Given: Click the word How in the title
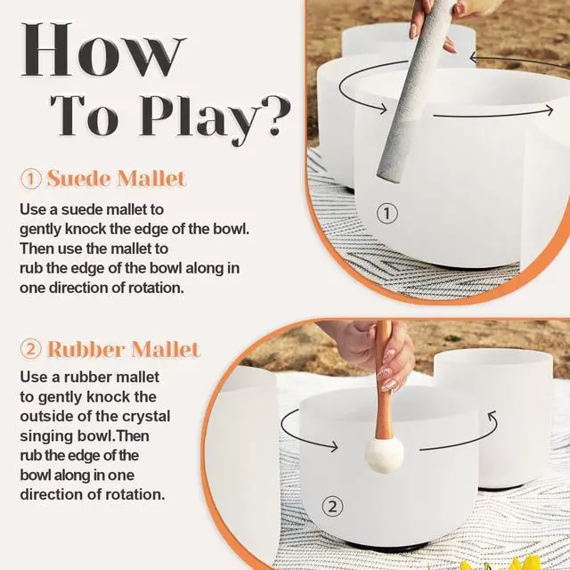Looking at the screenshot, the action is click(x=103, y=50).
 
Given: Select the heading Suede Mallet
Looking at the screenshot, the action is click(x=117, y=178).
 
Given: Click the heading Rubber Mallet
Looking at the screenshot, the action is click(x=124, y=349).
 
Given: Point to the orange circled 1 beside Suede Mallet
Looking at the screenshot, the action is click(x=31, y=179).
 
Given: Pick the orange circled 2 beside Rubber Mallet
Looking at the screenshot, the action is click(x=31, y=349).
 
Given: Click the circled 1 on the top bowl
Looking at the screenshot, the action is click(x=387, y=213).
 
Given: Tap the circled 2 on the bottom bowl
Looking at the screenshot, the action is click(x=332, y=506).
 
